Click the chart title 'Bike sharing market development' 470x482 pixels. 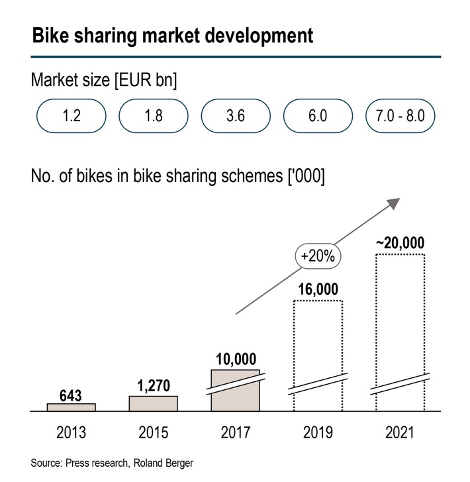click(x=172, y=35)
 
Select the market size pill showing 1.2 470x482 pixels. click(x=71, y=117)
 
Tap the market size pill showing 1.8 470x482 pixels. click(x=153, y=117)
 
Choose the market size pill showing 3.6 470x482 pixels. click(x=235, y=117)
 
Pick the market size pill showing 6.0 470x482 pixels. click(x=318, y=117)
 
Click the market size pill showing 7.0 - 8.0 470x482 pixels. click(x=400, y=117)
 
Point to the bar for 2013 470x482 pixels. click(x=71, y=407)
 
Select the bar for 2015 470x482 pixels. click(x=153, y=404)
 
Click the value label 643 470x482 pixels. click(x=71, y=396)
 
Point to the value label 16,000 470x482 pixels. click(x=318, y=289)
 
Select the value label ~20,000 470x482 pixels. click(x=400, y=243)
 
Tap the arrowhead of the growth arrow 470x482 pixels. click(x=395, y=203)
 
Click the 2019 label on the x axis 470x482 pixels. click(x=318, y=433)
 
